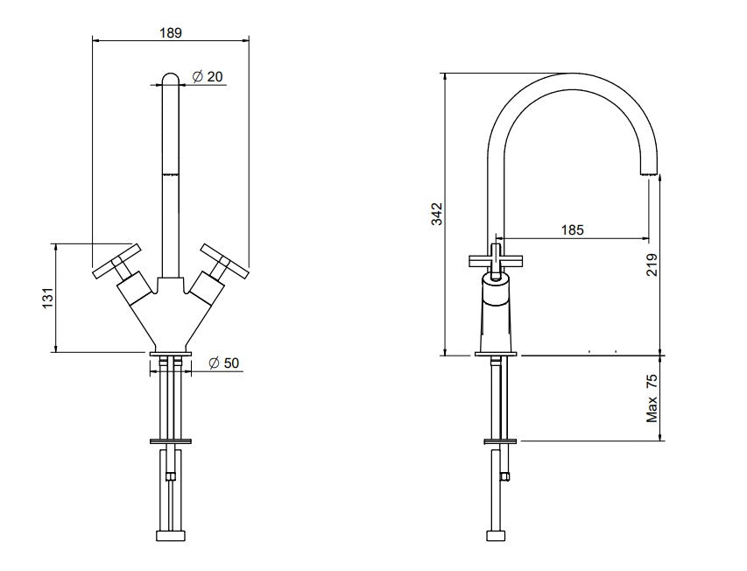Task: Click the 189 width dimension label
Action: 171,32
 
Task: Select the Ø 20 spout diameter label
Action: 208,77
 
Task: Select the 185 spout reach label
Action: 571,230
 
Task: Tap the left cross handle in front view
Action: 114,261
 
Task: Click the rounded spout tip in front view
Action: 171,79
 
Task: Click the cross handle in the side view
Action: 497,259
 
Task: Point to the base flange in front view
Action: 170,354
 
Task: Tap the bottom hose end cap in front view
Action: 170,536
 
